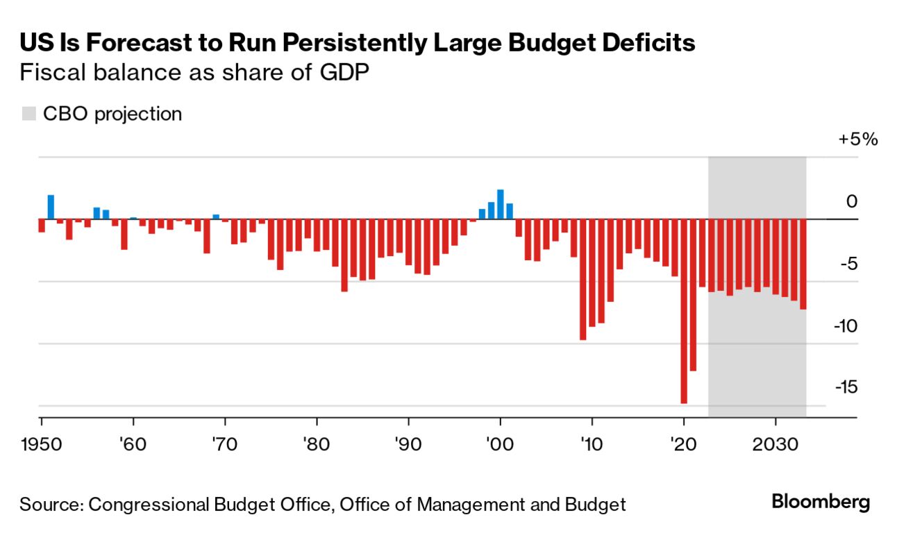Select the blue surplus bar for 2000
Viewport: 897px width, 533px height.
click(500, 204)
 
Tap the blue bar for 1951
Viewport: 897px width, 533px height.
click(51, 207)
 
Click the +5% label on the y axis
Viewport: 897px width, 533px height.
click(858, 139)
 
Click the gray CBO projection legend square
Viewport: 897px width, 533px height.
click(28, 114)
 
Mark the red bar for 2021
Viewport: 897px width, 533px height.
click(693, 294)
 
